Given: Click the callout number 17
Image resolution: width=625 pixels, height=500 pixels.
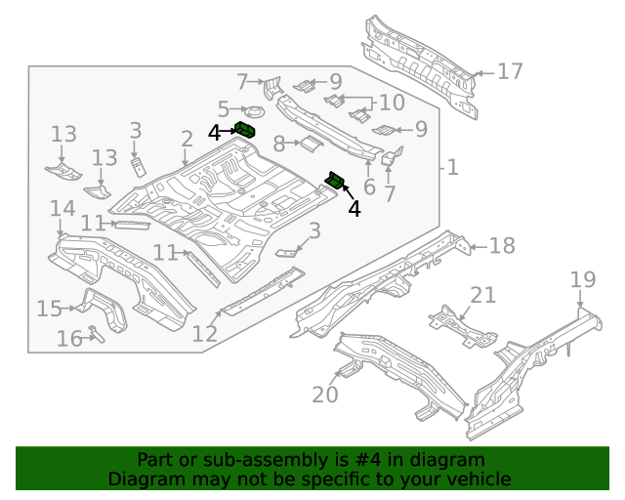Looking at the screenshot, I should (510, 71).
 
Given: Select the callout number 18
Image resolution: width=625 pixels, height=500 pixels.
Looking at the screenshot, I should (501, 245).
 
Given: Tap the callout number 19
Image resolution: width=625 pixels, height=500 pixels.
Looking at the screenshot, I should (582, 281).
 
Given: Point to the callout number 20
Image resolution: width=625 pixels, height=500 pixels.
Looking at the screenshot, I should (324, 394).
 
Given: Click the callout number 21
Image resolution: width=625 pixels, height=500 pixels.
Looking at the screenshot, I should (482, 295).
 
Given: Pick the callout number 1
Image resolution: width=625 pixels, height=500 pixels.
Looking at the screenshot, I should (451, 168).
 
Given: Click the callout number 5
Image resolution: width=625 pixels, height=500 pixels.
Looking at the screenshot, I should (224, 109).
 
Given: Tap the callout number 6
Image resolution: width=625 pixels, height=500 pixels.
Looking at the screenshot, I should (368, 187).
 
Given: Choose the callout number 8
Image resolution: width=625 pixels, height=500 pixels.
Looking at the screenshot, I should (278, 144).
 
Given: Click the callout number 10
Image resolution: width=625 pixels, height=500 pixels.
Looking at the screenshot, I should (391, 102).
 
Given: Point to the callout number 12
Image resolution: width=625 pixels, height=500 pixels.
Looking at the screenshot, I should (204, 333).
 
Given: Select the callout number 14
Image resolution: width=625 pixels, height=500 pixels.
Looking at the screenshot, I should (62, 208).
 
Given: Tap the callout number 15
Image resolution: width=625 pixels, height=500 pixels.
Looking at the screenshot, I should (49, 309).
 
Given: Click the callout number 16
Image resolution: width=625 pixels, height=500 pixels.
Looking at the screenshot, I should (68, 339).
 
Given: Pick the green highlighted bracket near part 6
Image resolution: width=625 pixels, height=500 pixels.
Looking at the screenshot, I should (336, 180).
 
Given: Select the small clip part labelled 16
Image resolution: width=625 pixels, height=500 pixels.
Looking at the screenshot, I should (96, 333).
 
